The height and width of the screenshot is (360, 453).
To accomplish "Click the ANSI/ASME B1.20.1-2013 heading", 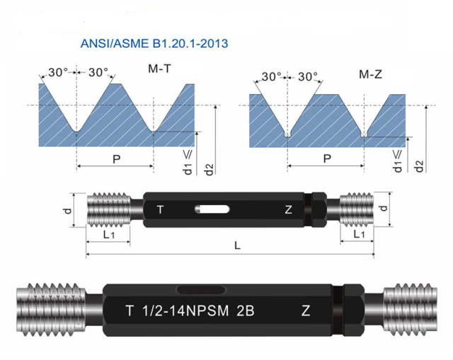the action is pos(154,44).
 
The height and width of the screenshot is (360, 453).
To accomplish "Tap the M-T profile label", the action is pos(159,69).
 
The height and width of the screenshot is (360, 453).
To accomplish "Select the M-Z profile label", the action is pos(370,74).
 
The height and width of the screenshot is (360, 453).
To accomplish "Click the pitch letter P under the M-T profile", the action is pos(116,158).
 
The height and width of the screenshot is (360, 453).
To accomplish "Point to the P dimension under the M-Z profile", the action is pos(327,158).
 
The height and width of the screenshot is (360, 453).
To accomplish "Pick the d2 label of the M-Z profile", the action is pos(420,167).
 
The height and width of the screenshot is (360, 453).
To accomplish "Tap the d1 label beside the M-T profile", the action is pos(188,169).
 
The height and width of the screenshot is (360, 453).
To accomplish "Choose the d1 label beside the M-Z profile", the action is pos(398,167).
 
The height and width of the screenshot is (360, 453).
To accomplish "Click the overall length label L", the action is pos(237,245).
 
